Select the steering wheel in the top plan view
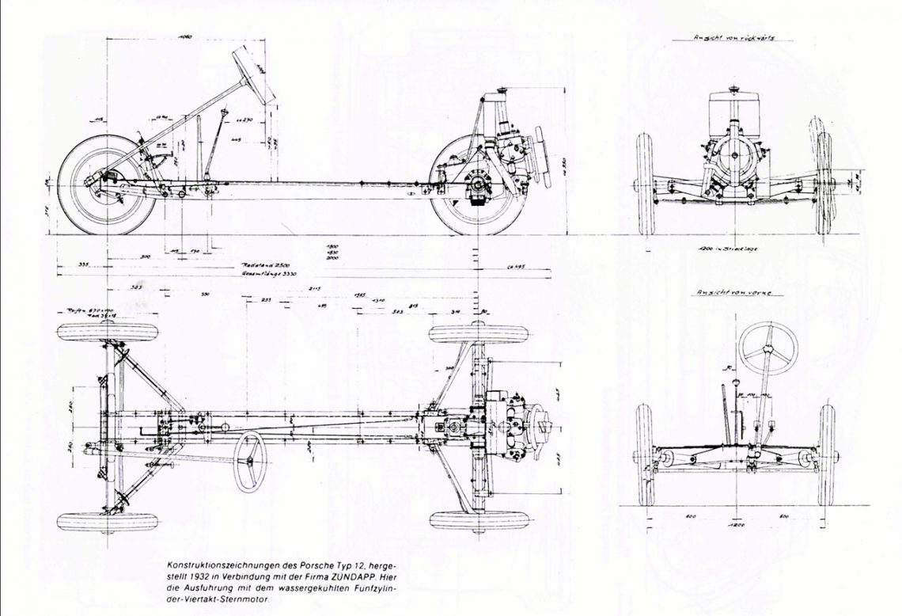[x=248, y=462]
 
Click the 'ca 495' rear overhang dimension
[x=517, y=267]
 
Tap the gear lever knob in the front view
[x=737, y=384]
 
